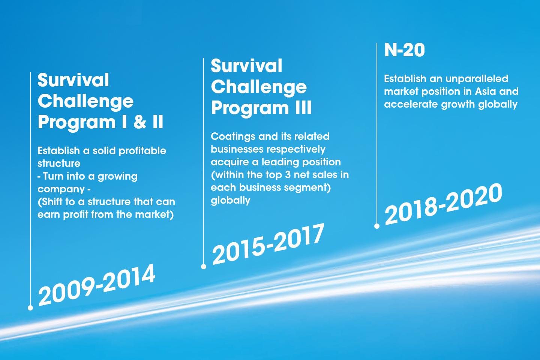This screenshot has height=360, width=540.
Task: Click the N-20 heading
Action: tap(404, 50)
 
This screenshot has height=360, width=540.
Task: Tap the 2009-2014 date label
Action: tap(96, 284)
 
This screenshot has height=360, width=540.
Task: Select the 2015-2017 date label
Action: tap(268, 244)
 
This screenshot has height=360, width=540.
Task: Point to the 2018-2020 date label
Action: tap(443, 204)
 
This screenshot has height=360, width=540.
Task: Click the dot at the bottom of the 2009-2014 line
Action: tap(30, 308)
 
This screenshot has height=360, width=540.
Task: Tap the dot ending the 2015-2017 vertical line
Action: tap(204, 267)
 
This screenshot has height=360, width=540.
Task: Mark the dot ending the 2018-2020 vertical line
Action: tap(377, 226)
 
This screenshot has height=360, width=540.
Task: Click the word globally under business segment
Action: tap(230, 200)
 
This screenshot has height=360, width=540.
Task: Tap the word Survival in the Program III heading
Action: tap(246, 66)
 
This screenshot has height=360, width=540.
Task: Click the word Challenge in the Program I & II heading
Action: tap(85, 101)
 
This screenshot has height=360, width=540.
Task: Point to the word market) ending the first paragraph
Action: tap(154, 215)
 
